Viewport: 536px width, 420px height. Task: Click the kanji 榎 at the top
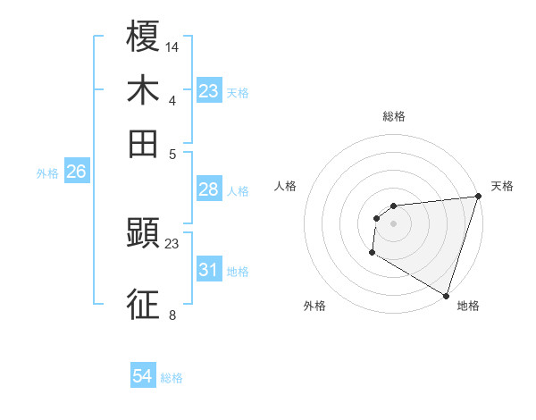click(143, 37)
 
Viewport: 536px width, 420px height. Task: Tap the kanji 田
click(143, 142)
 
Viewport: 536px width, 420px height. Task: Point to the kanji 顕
click(143, 234)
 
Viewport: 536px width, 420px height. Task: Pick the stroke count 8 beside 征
click(172, 315)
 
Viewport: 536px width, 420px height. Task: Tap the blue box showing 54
click(143, 377)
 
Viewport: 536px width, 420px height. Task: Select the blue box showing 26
click(76, 172)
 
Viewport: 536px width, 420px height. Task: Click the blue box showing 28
click(209, 189)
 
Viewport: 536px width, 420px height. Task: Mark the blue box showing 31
click(209, 270)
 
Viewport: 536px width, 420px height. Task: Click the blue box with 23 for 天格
click(209, 91)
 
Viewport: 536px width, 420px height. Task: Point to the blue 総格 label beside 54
click(172, 378)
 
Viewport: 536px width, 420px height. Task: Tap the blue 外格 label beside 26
click(47, 173)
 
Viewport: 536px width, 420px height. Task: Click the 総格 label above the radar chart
click(393, 116)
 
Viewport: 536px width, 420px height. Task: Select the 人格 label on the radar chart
click(286, 186)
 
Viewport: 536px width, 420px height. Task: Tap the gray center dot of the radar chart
click(393, 223)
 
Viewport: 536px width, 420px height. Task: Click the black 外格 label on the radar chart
click(314, 306)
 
